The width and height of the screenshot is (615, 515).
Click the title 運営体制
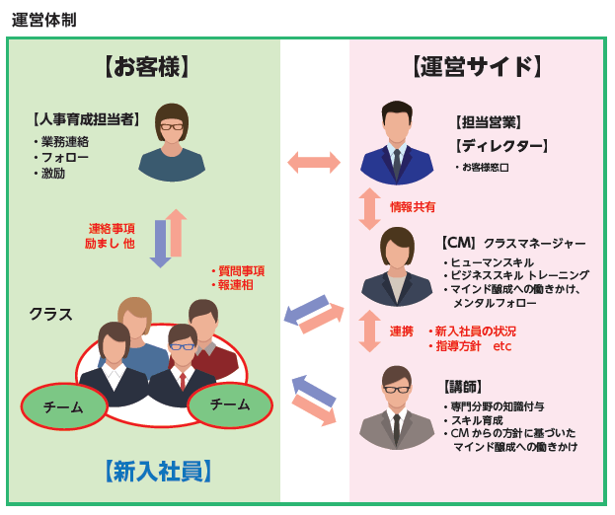(x=43, y=20)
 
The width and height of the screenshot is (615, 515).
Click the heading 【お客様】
(x=146, y=67)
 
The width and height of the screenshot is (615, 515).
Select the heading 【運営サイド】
(x=476, y=67)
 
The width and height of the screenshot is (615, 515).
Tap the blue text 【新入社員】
(x=158, y=471)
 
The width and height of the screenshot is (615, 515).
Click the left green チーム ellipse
(x=63, y=406)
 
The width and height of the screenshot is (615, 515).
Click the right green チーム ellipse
(x=230, y=405)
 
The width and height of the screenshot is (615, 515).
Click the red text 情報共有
(x=413, y=207)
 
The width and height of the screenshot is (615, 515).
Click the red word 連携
(x=401, y=331)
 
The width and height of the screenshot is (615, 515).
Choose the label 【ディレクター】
(x=501, y=146)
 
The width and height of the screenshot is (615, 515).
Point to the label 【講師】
(x=464, y=386)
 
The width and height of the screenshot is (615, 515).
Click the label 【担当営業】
(x=488, y=122)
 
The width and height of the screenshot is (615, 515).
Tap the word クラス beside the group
(x=50, y=314)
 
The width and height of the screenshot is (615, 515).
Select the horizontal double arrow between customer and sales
(x=314, y=163)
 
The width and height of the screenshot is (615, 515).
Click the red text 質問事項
(x=241, y=271)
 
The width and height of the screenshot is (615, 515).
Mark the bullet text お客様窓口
(x=485, y=168)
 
